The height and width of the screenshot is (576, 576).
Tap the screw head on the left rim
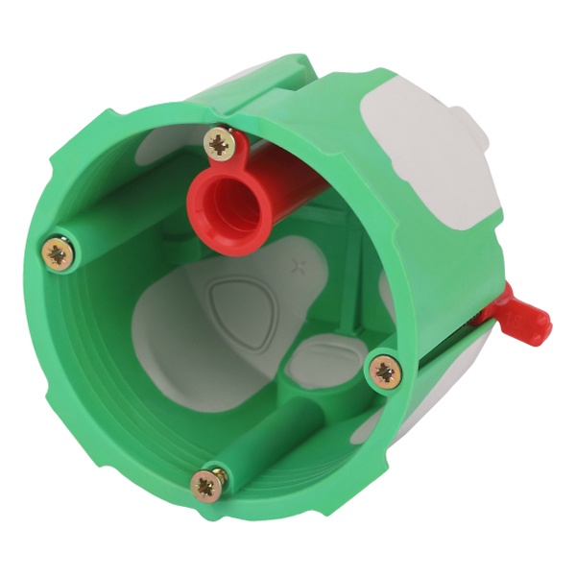58,254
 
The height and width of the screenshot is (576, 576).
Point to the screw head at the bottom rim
208,484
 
